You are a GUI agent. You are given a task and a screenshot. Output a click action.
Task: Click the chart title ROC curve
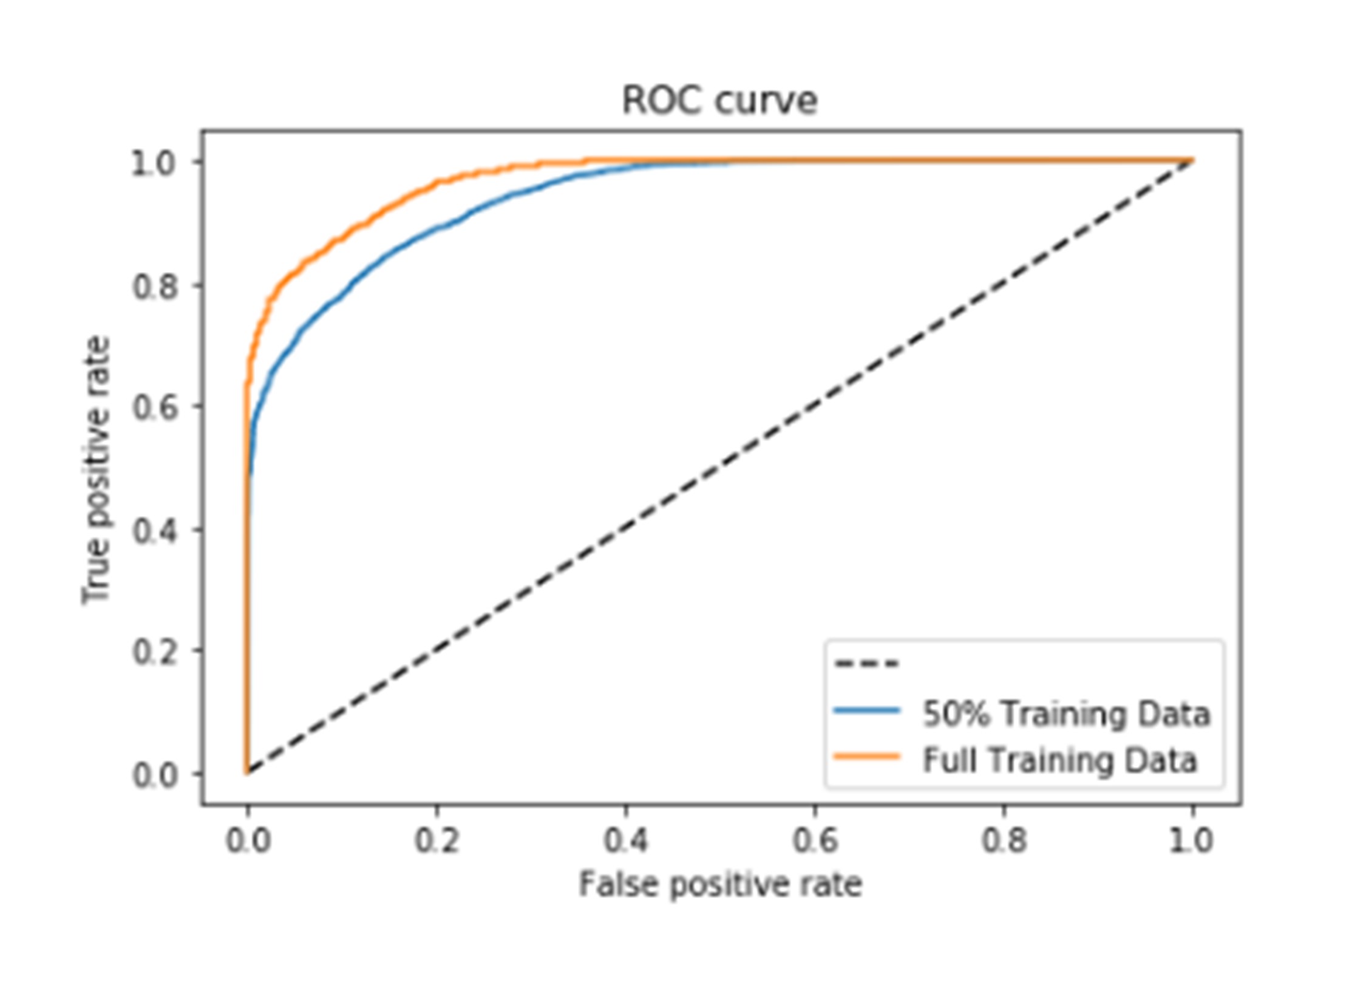coord(719,100)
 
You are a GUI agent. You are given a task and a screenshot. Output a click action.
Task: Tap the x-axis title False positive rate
coord(720,884)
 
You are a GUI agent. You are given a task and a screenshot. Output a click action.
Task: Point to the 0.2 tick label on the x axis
coord(437,840)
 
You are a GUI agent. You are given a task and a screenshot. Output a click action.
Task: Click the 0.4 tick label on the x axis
coord(625,840)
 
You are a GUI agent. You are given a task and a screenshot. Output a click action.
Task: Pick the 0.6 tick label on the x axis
coord(815,840)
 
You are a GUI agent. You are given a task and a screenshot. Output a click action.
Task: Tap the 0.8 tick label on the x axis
coord(1004,840)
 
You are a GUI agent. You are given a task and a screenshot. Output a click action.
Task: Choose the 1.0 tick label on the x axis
coord(1192,840)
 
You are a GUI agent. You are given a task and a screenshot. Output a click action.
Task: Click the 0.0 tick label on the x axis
coord(248,840)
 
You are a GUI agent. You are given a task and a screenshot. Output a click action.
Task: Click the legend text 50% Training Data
coord(1066,714)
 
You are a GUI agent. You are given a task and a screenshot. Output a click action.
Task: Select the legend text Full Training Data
coord(1059,760)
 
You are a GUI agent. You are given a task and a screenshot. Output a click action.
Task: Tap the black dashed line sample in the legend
coord(866,663)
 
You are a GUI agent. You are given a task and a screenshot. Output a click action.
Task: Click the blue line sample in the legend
coord(866,711)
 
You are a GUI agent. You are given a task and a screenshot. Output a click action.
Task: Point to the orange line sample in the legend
coord(866,757)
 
